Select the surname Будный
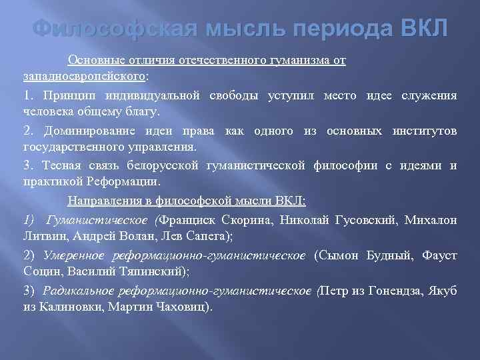pyautogui.click(x=387, y=255)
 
